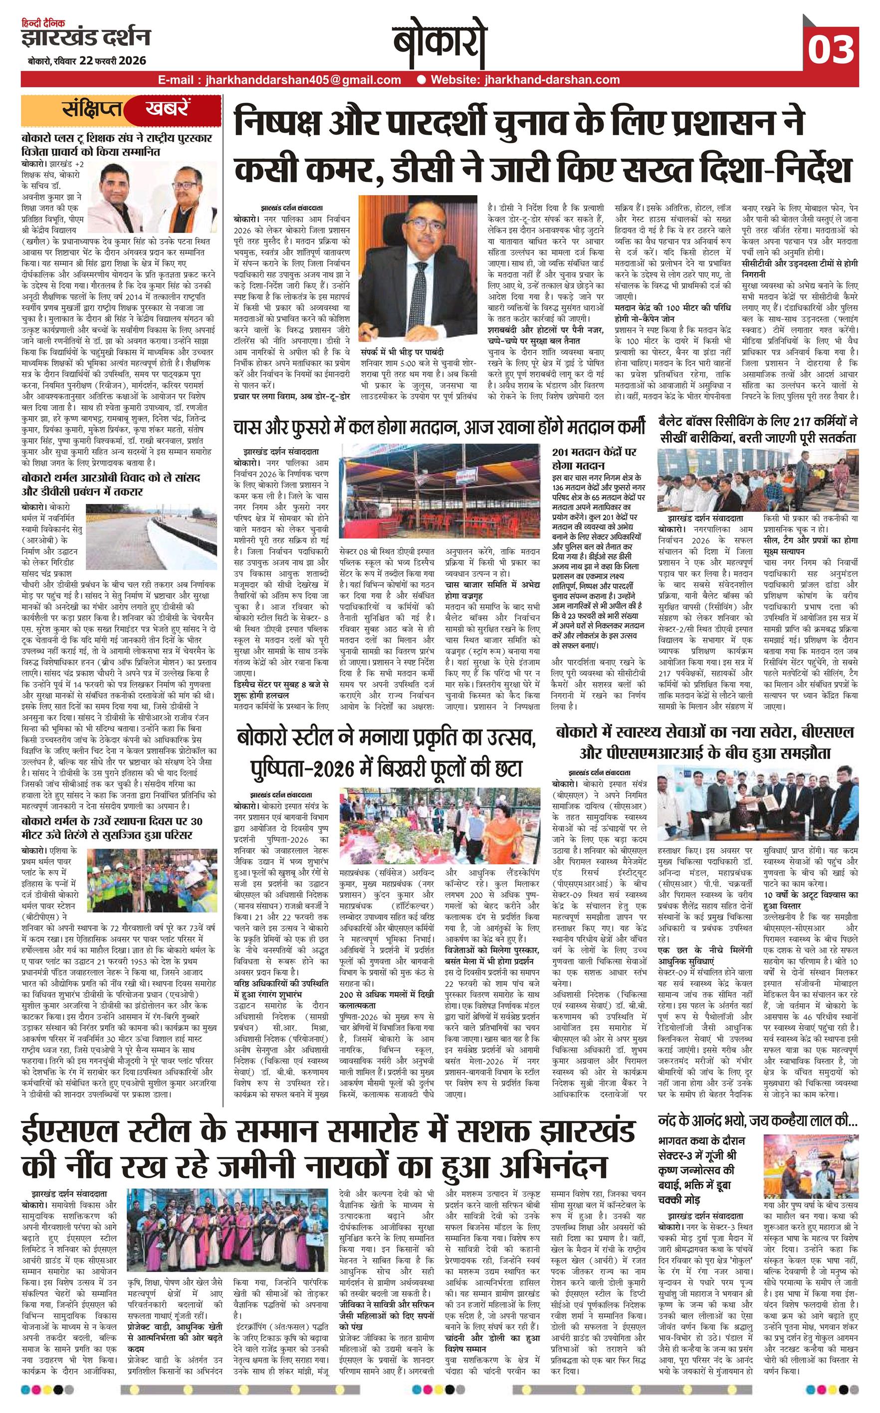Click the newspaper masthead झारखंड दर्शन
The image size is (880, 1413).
(86, 38)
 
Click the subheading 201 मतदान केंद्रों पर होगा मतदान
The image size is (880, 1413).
(594, 458)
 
